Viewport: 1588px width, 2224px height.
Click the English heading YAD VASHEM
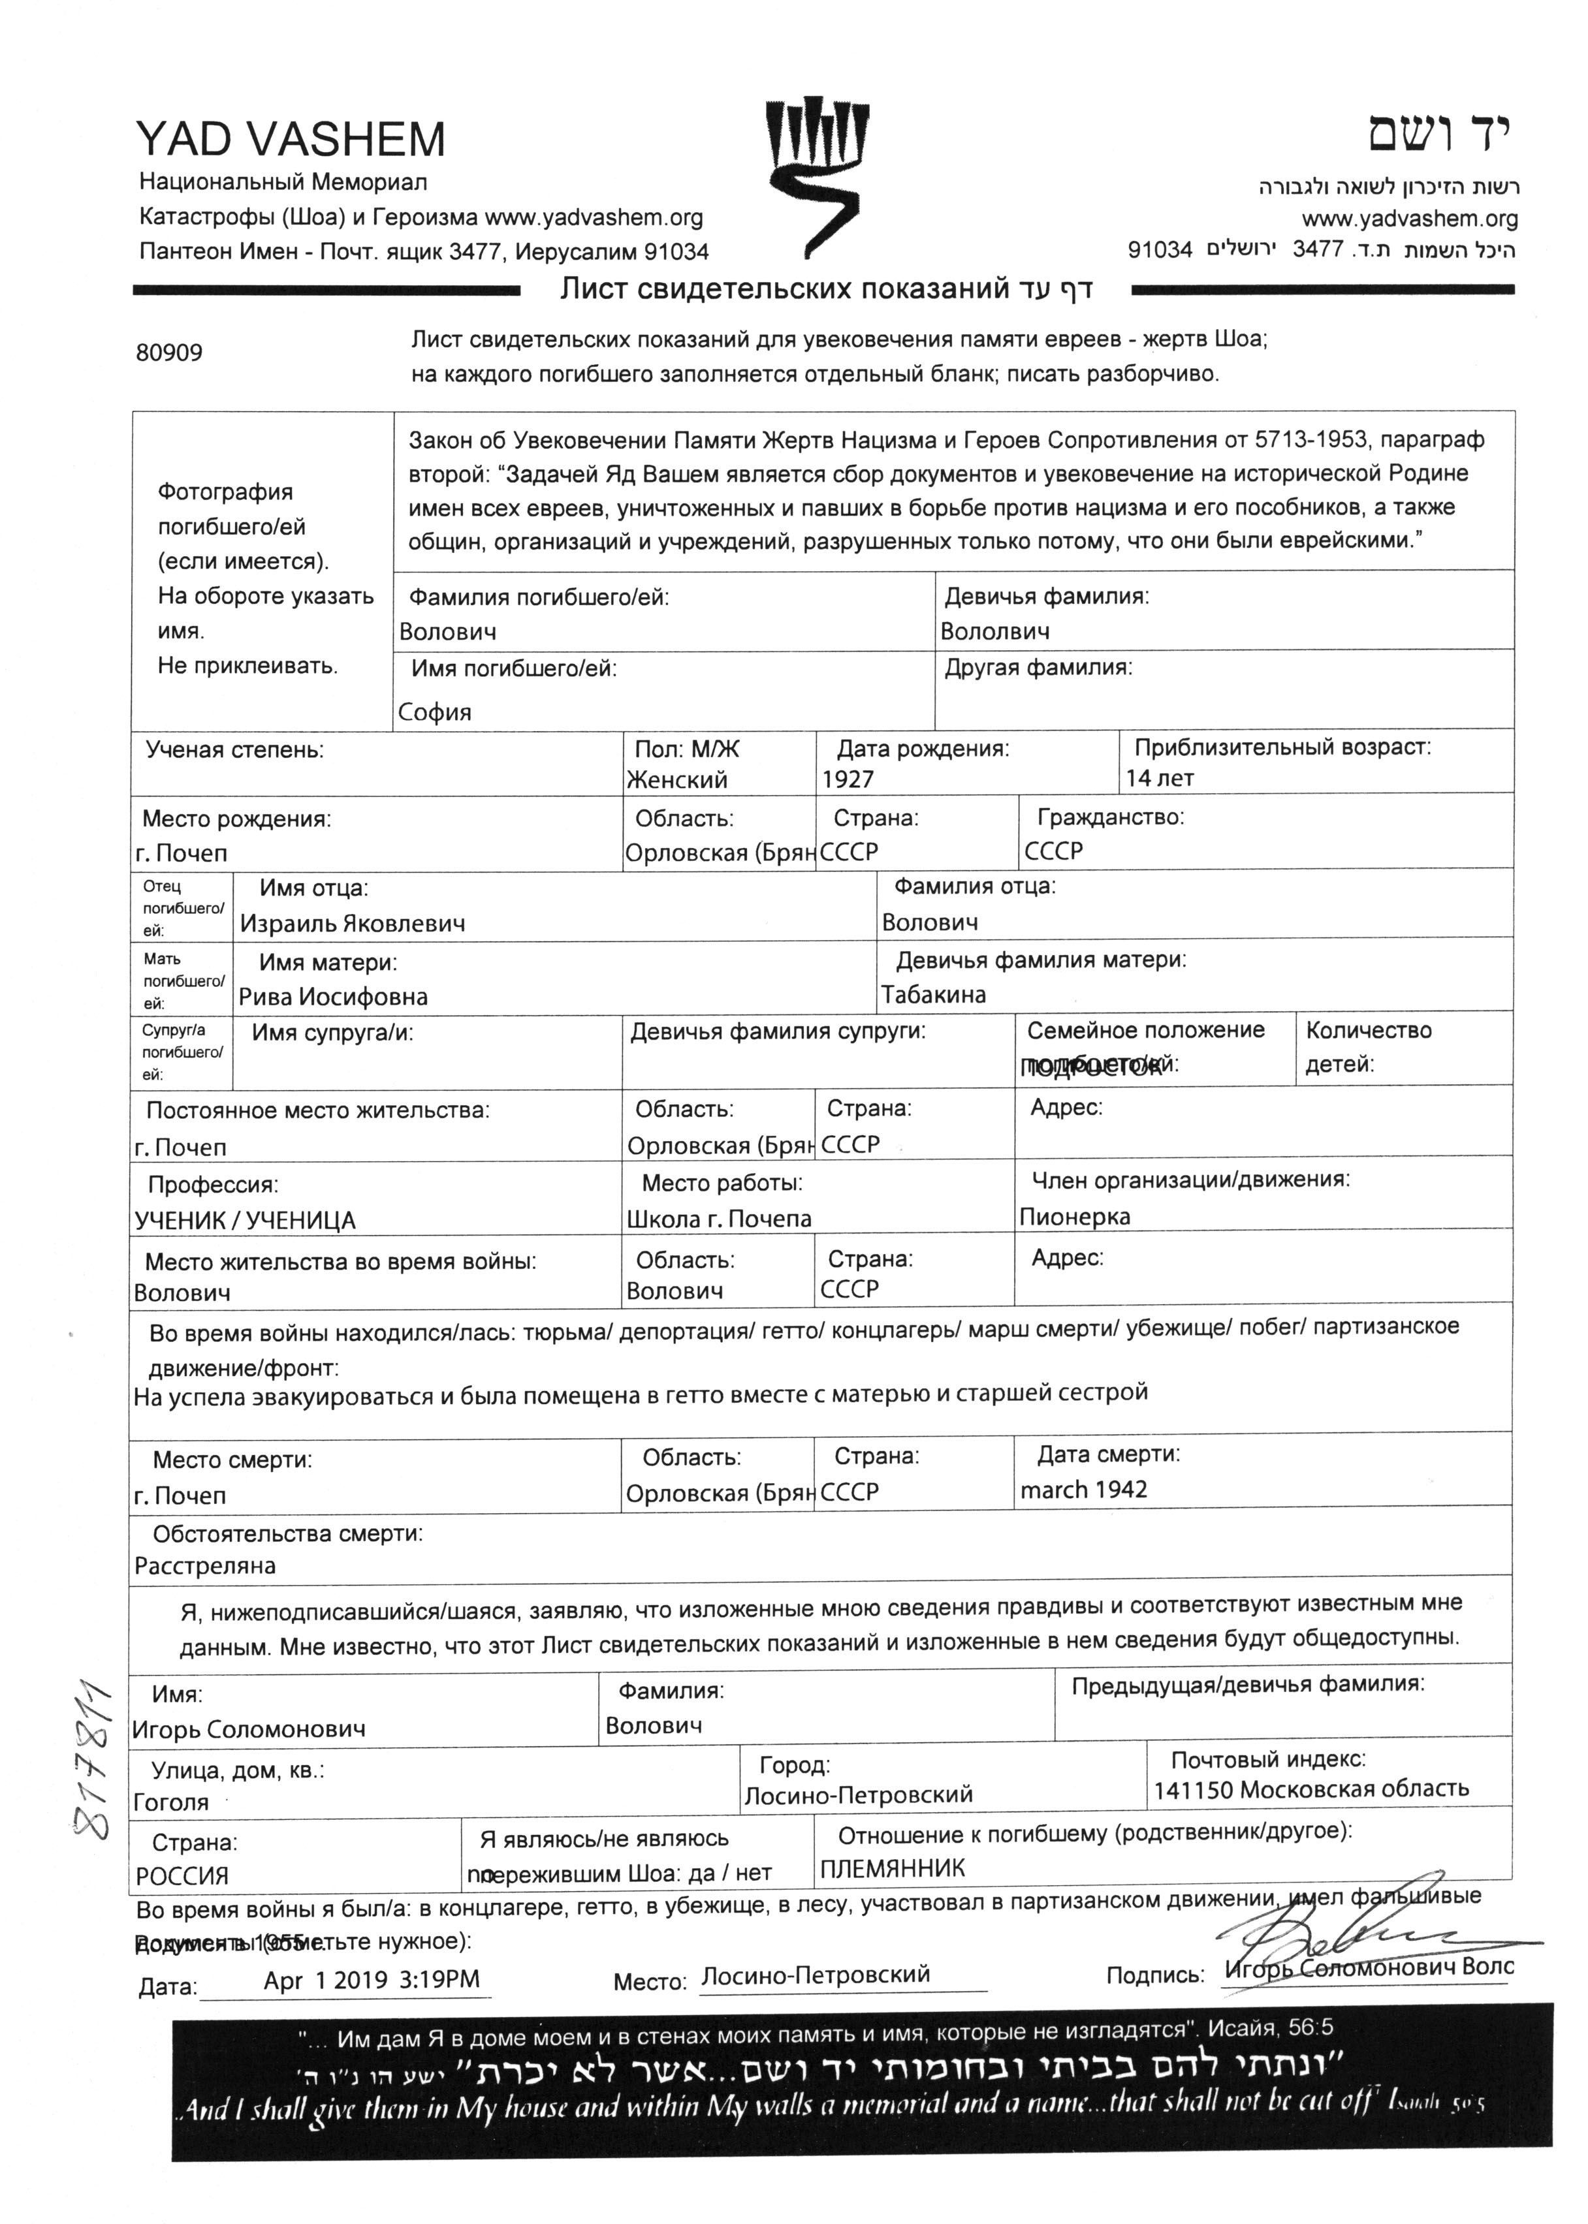pos(291,140)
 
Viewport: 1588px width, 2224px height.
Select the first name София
pos(434,712)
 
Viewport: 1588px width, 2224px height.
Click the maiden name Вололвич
pos(994,631)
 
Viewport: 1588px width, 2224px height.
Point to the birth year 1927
pos(848,779)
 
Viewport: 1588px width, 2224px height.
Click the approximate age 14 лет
pos(1160,778)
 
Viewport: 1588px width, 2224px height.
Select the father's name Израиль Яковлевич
pos(353,923)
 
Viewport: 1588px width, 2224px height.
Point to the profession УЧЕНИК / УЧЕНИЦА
pos(244,1220)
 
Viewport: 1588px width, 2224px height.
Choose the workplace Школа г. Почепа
pos(719,1219)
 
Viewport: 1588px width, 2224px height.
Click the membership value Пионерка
pos(1075,1217)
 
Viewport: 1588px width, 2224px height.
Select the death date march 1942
pos(1083,1490)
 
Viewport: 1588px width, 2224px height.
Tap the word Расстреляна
pos(205,1566)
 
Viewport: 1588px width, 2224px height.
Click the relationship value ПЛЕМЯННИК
pos(892,1869)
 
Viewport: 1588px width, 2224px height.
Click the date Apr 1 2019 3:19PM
pos(372,1981)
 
